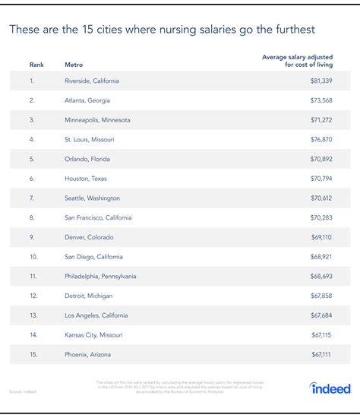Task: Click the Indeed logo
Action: coord(330,388)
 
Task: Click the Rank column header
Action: coord(36,65)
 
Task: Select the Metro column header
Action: coord(74,65)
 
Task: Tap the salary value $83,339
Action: coord(332,80)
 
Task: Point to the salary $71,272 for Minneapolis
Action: coord(332,119)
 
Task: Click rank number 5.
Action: coord(32,159)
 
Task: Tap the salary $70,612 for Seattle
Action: coord(332,198)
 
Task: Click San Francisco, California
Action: coord(99,217)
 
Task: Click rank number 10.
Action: coord(33,257)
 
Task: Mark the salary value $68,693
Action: coord(332,276)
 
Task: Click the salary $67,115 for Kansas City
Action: coord(332,335)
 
